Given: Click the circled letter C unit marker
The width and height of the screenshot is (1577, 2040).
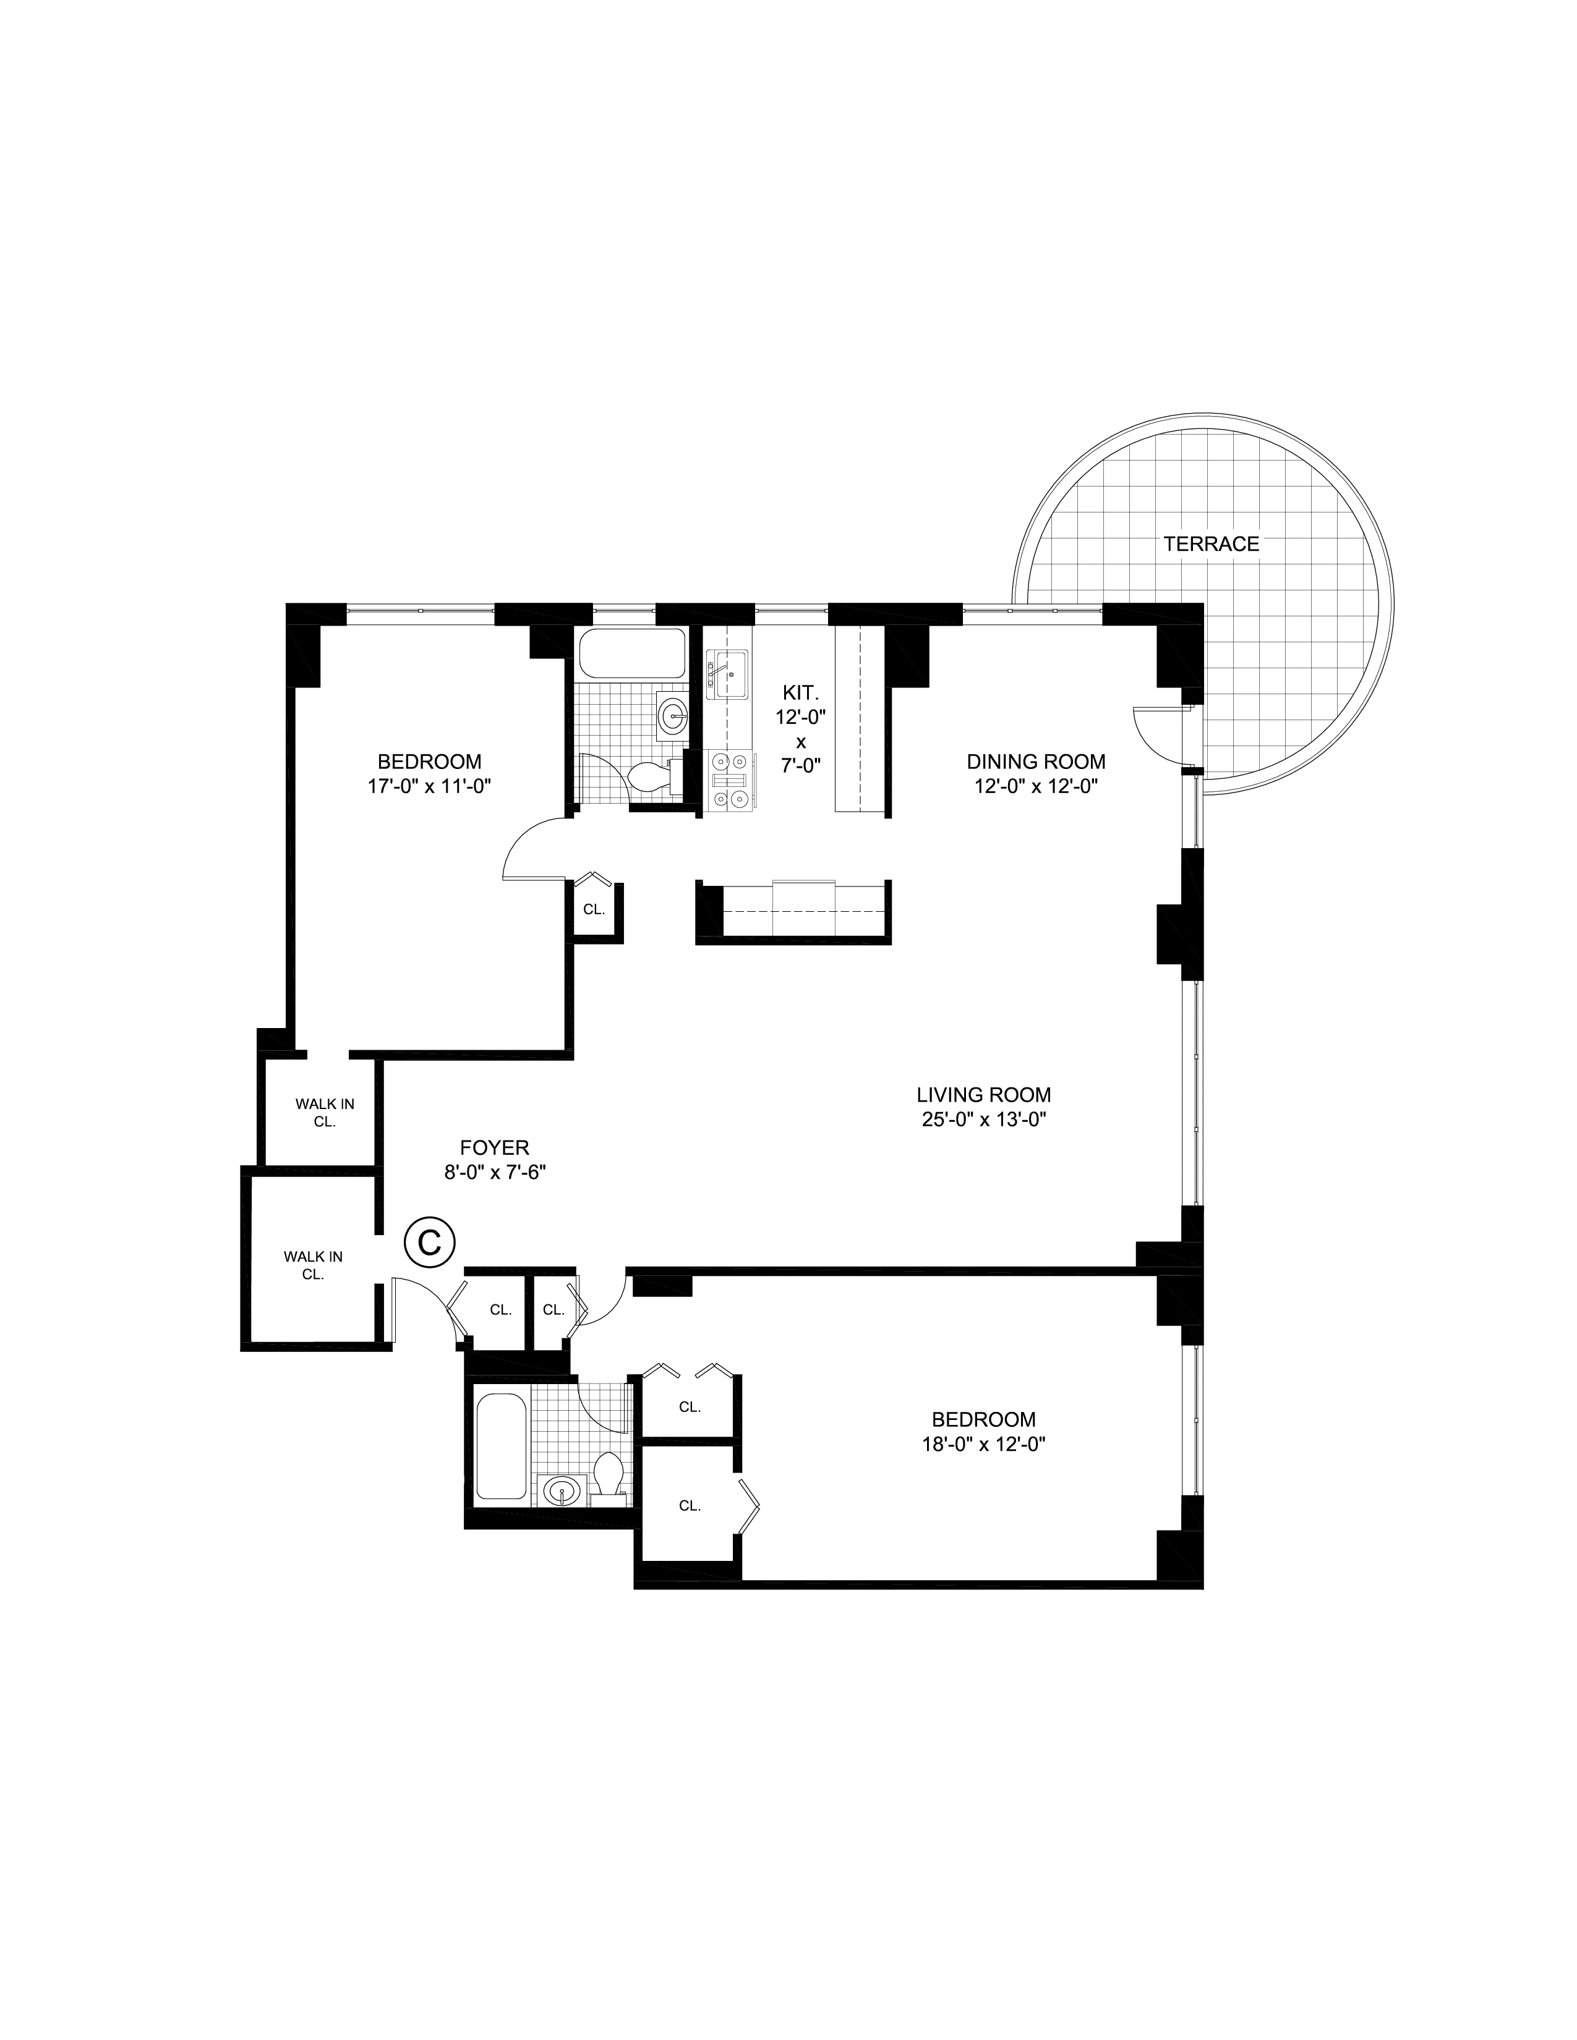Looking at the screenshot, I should pos(429,1241).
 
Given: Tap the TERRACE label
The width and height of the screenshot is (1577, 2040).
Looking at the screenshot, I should pos(1211,543).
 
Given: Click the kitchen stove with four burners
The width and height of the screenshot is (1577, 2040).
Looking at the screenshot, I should pos(729,779).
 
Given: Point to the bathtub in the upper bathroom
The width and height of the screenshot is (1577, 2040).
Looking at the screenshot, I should pos(631,654).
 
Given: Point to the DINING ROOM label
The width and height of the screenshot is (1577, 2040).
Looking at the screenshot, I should pos(1035,761).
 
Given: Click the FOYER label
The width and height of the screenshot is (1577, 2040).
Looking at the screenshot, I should pos(494,1147).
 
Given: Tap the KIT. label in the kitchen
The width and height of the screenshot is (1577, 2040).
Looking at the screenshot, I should pos(800,693).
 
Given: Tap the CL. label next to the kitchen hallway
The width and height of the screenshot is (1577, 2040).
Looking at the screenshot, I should pos(593,908).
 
